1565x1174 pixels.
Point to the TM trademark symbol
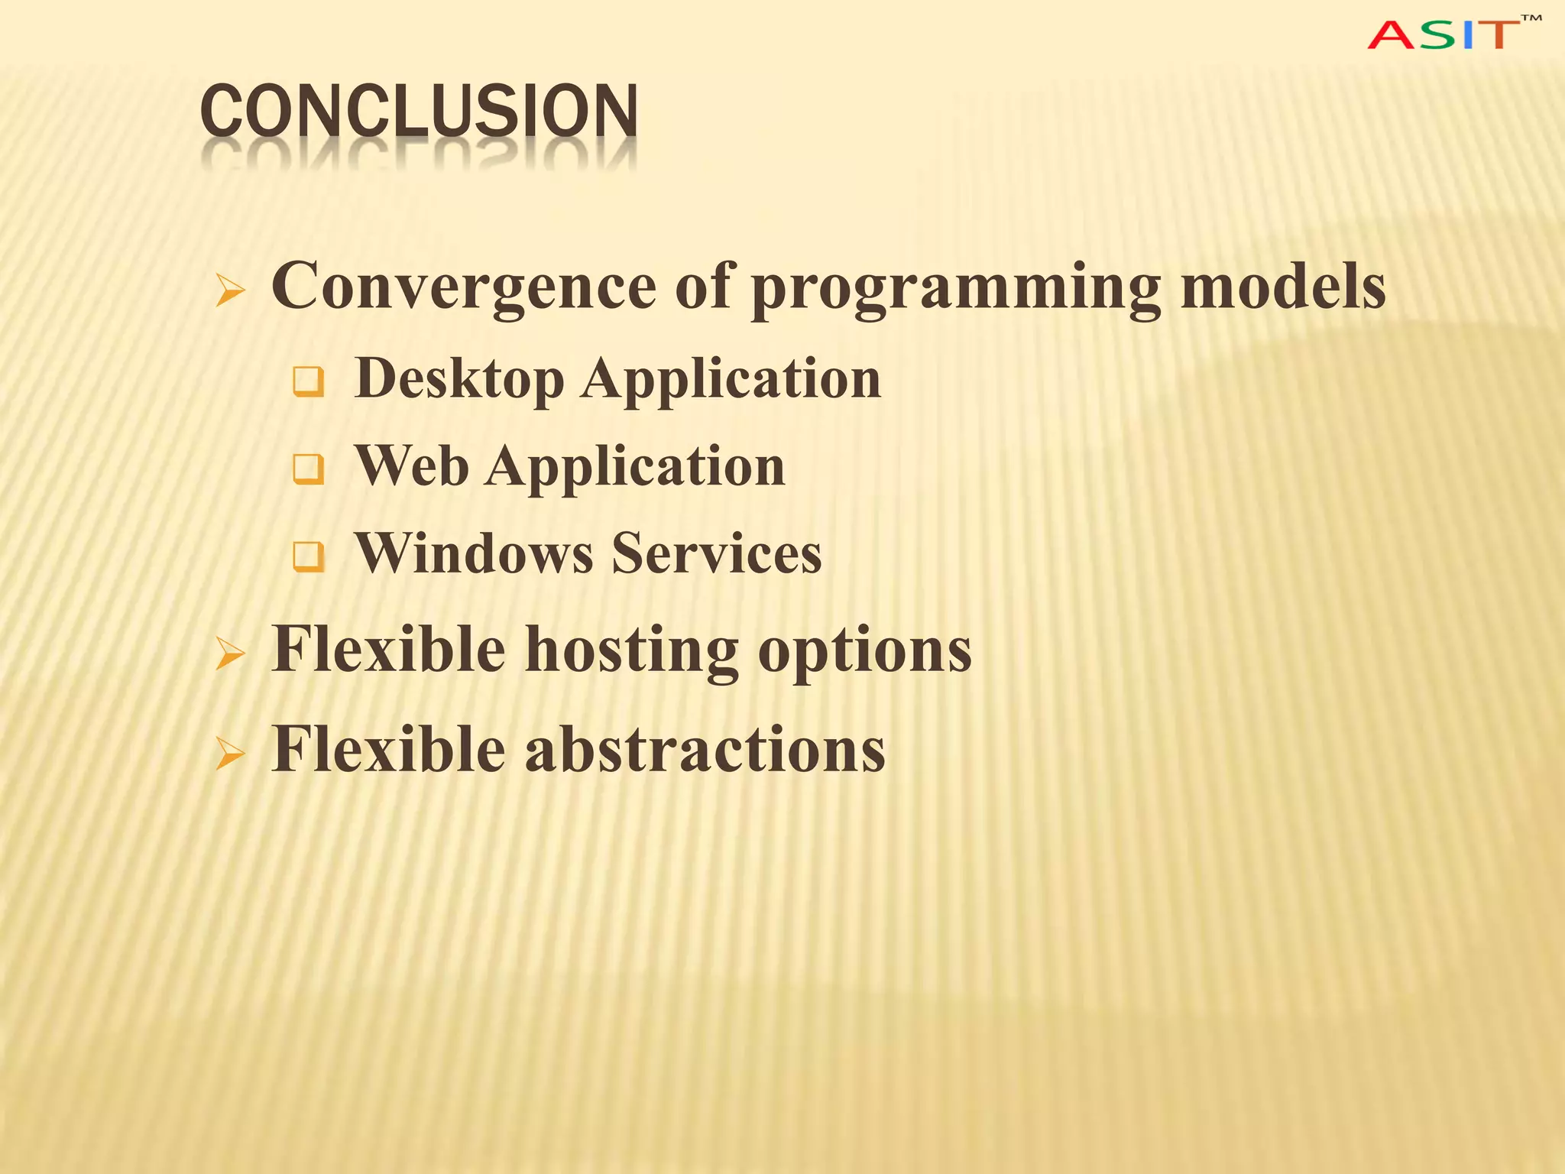1531,18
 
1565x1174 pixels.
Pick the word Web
412,465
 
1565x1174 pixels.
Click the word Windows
474,553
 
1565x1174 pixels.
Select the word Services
717,553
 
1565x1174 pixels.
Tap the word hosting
631,650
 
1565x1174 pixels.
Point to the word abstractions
705,749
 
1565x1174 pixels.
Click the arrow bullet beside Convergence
230,290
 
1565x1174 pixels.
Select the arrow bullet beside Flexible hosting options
230,654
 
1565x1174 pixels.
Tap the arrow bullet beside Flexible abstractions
230,754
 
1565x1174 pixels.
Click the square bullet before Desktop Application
309,381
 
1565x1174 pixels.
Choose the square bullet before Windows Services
309,556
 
